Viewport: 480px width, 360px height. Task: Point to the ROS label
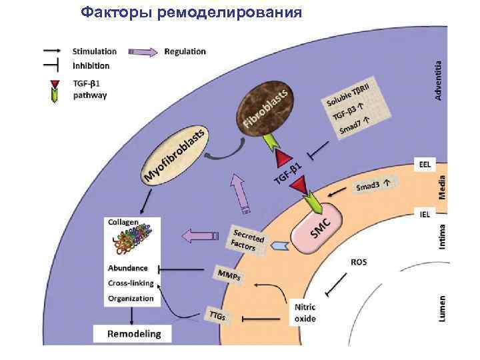coord(359,262)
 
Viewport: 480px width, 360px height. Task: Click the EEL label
coord(424,165)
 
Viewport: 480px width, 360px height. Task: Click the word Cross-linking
coord(131,283)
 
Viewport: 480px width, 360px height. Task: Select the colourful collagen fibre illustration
coord(132,242)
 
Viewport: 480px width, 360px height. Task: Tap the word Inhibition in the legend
coord(91,66)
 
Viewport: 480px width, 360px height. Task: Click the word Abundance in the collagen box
coord(128,268)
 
